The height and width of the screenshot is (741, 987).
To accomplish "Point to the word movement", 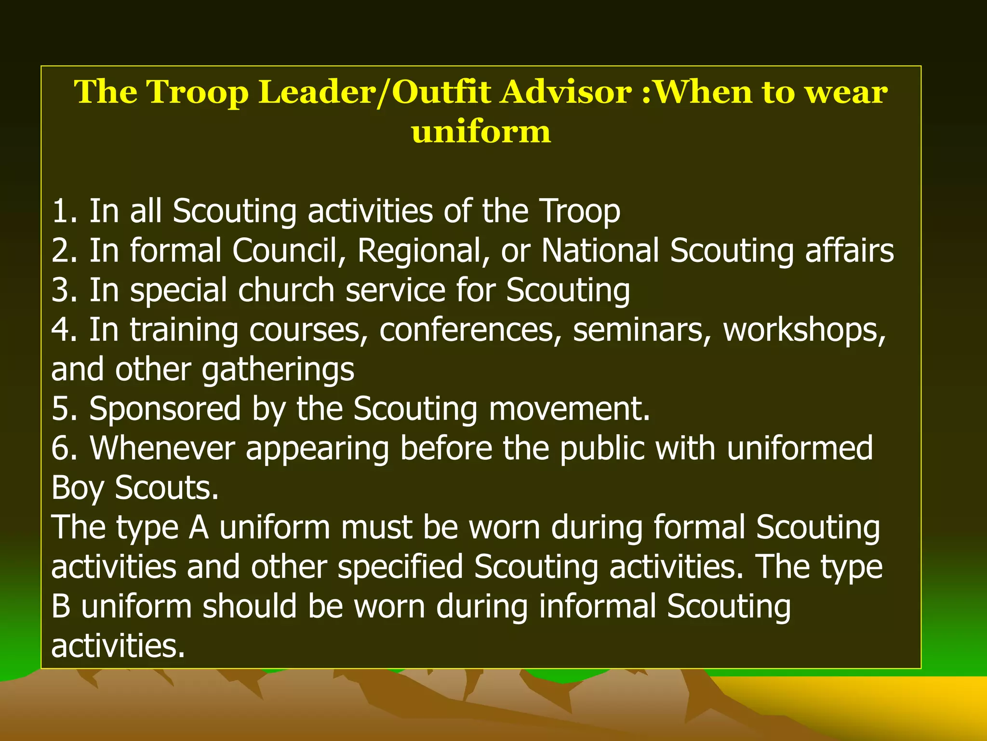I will pos(569,409).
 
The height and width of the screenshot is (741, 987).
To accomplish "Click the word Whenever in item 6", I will pos(162,449).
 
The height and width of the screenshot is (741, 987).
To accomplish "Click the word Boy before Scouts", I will pos(77,488).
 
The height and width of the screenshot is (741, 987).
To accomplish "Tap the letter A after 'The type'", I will pos(199,527).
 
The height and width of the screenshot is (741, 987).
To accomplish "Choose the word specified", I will pos(400,567).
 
